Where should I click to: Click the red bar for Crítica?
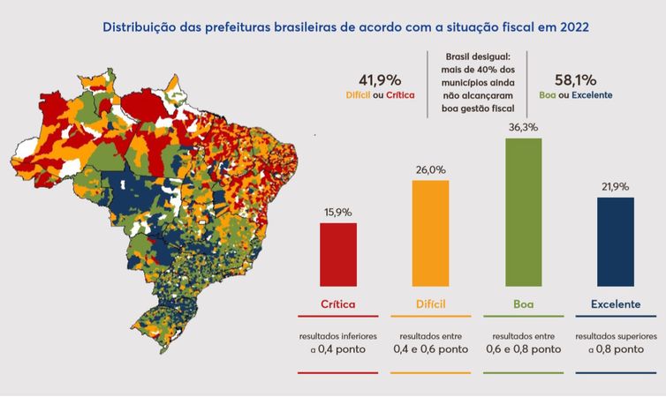338,254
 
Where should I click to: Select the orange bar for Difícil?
430,233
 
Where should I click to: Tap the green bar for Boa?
523,212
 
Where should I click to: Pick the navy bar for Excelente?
615,241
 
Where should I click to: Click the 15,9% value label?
338,213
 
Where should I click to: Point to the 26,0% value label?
430,170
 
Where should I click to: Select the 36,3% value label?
523,128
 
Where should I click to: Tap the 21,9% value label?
615,187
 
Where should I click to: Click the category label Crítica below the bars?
338,303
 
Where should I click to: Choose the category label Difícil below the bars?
430,303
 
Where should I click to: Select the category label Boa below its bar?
523,303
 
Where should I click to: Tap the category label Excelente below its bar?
615,303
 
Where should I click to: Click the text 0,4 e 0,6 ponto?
430,349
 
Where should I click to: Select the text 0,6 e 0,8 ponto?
523,349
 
